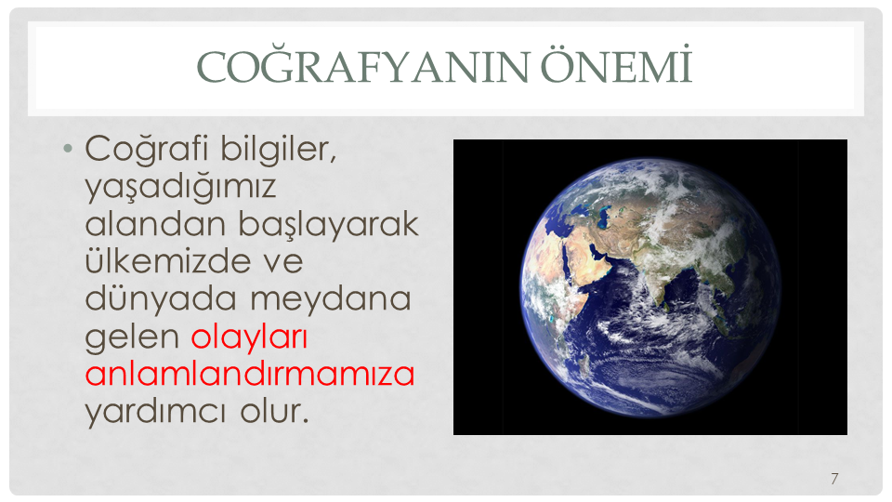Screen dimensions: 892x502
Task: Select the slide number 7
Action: (834, 479)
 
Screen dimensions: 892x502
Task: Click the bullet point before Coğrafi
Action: (68, 149)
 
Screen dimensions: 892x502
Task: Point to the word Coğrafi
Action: (147, 149)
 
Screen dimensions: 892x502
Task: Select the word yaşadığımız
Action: (181, 187)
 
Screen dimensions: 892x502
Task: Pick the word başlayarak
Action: (329, 224)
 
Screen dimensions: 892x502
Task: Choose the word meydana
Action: (331, 298)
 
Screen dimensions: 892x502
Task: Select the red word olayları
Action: (249, 337)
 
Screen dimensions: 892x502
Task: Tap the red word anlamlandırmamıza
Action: (250, 374)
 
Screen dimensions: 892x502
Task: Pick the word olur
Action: (274, 411)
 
